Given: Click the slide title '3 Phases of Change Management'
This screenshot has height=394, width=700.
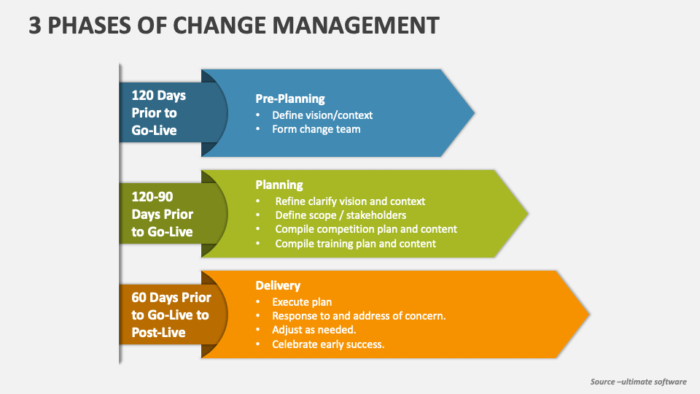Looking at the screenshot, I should click(x=234, y=26).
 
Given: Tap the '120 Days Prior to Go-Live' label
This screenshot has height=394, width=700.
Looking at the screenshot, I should click(x=158, y=113).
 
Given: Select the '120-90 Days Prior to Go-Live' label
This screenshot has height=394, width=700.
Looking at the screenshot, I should click(x=162, y=214).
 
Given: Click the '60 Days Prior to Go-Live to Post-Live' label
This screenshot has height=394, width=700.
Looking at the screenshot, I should click(x=171, y=314).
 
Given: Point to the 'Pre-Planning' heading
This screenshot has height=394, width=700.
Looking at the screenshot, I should click(x=289, y=98).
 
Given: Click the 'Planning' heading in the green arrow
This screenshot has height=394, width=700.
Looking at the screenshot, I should click(x=279, y=185).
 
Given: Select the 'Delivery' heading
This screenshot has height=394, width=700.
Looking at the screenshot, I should click(x=277, y=285).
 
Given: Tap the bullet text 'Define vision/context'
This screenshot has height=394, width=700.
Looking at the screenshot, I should click(x=322, y=115).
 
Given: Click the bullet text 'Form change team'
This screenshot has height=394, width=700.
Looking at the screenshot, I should click(x=316, y=129).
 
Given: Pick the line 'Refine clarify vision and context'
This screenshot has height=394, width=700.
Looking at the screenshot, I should click(x=349, y=201).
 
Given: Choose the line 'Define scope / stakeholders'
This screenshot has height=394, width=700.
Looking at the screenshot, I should click(x=341, y=215).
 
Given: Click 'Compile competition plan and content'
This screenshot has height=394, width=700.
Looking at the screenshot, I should click(x=365, y=229).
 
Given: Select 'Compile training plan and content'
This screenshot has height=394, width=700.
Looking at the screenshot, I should click(x=355, y=244).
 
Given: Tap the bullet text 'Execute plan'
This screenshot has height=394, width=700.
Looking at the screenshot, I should click(x=302, y=301).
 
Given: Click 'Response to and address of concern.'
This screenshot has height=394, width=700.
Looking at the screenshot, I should click(x=358, y=316).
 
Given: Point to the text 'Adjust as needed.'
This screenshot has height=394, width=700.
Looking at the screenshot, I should click(x=314, y=330).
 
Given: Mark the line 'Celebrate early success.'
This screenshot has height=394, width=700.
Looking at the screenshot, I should click(x=327, y=344).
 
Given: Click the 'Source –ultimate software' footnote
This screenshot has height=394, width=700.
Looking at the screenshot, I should click(x=638, y=382).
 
